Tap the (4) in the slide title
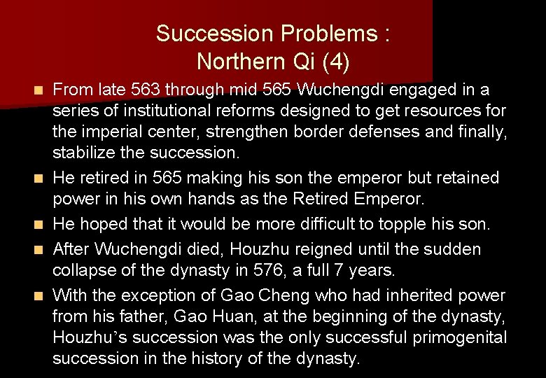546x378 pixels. click(335, 62)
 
